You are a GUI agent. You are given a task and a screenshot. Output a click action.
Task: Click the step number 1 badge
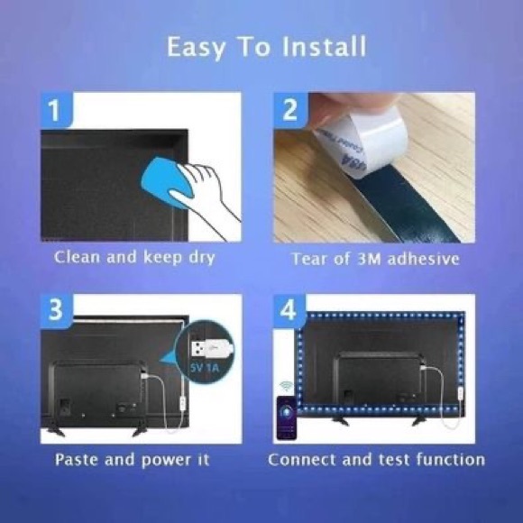point(55,111)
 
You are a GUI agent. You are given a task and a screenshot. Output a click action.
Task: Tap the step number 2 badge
point(289,111)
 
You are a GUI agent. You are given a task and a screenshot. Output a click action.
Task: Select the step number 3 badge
point(55,312)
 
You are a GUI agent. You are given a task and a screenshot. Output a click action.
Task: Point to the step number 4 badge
point(289,312)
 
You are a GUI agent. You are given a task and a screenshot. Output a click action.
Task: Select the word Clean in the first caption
point(77,258)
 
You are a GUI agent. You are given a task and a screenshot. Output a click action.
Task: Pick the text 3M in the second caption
point(369,259)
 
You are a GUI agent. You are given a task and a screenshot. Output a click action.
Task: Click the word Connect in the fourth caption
point(302,459)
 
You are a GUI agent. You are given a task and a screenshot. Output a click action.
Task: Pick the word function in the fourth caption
point(450,459)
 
